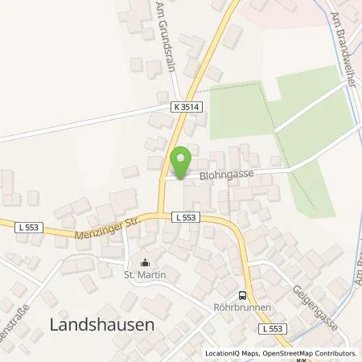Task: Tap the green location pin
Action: (183, 160)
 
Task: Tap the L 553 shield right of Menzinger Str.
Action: (182, 217)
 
